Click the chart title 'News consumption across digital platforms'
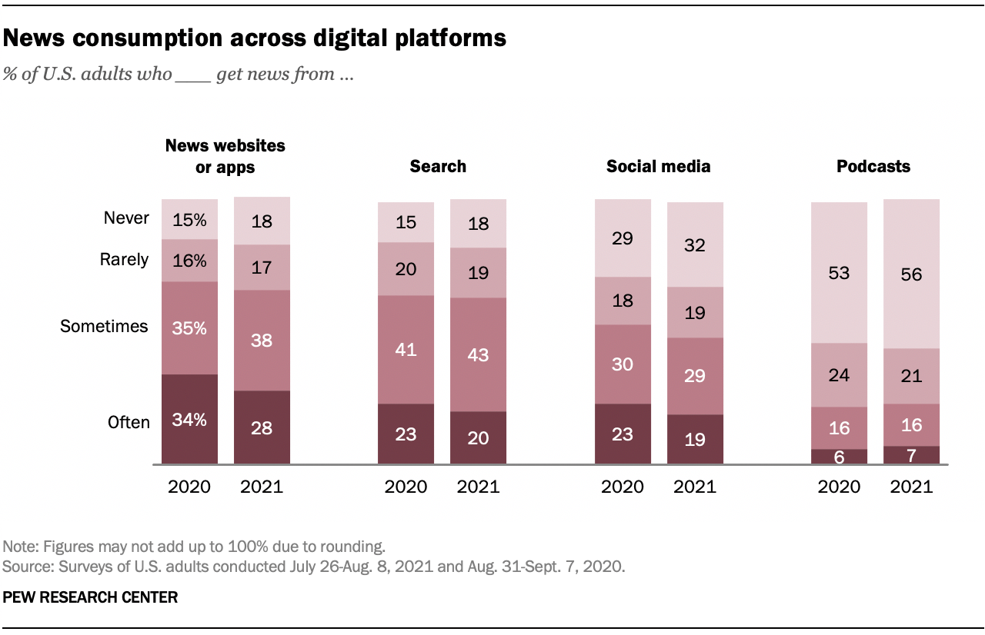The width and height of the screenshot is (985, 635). pos(255,39)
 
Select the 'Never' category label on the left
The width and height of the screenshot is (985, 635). pos(126,218)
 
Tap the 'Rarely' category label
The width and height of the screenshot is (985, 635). pos(124,260)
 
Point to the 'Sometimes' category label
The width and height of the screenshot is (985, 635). pos(104,327)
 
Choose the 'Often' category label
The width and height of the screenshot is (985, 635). pos(129,422)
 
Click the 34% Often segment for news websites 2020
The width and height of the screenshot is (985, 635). pos(189,419)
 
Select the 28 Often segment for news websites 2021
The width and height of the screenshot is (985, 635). pos(262,427)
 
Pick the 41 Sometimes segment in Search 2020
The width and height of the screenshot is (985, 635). pos(406,350)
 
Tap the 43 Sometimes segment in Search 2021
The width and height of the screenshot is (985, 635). pos(478,354)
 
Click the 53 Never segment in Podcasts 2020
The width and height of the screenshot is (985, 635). pos(839,273)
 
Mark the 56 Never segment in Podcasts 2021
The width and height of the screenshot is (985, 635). pos(911,274)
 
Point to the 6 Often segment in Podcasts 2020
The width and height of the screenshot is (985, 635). pos(839,457)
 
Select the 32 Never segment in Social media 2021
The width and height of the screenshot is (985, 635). pos(695,244)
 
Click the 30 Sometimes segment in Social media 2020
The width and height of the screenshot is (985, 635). pos(623,364)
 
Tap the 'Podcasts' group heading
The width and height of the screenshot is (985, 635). pos(873,167)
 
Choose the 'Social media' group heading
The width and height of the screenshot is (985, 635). pos(658,167)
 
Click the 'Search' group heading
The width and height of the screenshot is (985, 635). pos(438,167)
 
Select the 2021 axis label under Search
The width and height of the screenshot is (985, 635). pos(478,487)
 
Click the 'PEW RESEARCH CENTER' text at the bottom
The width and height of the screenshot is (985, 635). pos(91,597)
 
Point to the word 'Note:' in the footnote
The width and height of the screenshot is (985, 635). pos(21,547)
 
